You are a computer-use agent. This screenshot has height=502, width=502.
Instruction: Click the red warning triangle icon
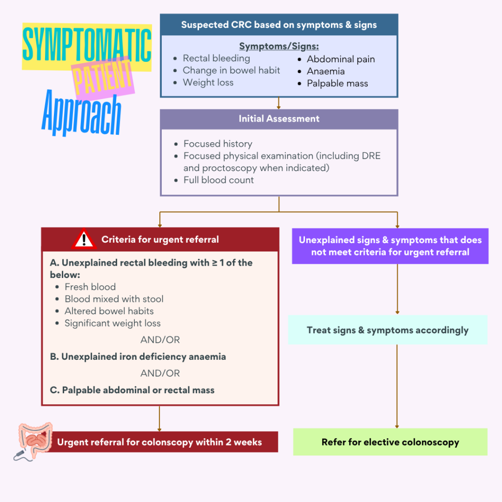coord(84,239)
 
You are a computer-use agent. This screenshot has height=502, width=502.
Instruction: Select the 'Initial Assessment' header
coord(279,119)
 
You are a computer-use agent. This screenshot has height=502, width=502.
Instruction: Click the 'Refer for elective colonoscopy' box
coord(390,442)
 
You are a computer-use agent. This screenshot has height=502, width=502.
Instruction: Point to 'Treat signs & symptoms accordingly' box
coord(387,330)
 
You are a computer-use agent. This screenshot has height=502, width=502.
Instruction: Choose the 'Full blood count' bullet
coord(219,180)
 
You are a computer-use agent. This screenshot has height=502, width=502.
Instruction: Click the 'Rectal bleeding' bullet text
coord(216,58)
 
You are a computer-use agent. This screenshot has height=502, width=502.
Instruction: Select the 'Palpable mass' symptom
coord(337,83)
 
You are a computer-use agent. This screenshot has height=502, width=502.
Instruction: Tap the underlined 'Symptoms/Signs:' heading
coord(279,47)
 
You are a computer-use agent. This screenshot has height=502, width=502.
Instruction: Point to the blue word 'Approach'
coord(81,114)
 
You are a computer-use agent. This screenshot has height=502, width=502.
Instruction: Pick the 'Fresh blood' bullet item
coord(90,287)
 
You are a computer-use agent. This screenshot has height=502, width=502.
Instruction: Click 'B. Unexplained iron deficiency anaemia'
coord(138,356)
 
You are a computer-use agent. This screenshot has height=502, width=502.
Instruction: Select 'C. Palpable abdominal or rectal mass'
coord(132,390)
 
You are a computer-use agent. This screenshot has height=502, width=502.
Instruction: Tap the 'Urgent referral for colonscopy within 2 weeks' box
coord(160,442)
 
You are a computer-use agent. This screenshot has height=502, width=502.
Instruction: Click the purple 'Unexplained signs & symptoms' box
coord(390,246)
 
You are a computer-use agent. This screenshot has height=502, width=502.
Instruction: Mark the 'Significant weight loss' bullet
coord(113,323)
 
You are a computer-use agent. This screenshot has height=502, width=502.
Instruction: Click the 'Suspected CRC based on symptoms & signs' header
coord(279,25)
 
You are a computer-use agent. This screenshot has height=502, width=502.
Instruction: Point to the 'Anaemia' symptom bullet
coord(326,71)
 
